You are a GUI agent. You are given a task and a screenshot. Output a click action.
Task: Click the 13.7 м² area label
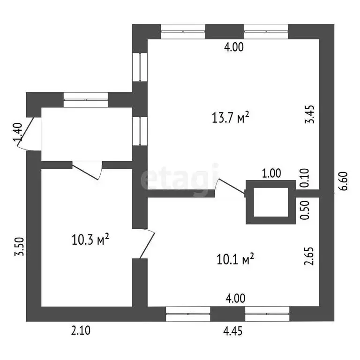(230, 118)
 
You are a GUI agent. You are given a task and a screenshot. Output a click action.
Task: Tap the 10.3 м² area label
(90, 239)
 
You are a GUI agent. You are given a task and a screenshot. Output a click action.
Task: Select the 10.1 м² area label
(235, 259)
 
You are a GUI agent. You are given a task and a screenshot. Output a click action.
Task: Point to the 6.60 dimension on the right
(344, 181)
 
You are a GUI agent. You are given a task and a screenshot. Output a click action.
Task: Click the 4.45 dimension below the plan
(233, 331)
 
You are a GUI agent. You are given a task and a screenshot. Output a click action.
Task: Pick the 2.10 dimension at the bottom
(81, 330)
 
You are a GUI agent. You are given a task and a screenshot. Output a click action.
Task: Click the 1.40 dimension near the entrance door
(18, 132)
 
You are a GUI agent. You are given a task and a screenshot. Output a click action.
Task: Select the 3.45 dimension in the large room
(309, 114)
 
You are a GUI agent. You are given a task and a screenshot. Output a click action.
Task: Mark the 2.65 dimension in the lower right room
(309, 256)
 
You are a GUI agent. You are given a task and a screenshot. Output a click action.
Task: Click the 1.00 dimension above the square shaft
(271, 173)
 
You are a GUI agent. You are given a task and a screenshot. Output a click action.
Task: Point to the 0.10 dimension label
(305, 178)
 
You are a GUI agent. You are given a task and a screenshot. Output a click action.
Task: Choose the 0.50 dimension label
(305, 210)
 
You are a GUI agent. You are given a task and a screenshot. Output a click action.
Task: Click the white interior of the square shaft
(270, 202)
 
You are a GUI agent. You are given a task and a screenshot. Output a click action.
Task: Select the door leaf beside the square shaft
(231, 186)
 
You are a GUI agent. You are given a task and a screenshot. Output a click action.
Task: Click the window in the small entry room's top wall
(86, 100)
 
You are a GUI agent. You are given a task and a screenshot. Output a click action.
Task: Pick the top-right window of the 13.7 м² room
(266, 31)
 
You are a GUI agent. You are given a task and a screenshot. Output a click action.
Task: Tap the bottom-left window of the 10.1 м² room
(188, 314)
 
